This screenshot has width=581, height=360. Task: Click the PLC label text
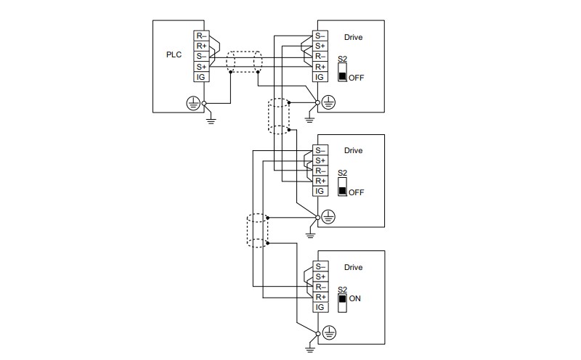point(174,55)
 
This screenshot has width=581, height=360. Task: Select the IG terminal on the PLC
point(201,77)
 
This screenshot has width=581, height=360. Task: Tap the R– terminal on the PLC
point(201,36)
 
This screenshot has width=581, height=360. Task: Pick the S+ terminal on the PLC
point(201,67)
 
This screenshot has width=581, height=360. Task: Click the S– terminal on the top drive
point(320,36)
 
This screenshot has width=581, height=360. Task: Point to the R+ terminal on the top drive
point(320,67)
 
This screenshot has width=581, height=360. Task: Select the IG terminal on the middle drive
point(320,191)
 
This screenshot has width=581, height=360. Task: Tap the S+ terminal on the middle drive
point(320,160)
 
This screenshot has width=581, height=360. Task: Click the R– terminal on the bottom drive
point(320,287)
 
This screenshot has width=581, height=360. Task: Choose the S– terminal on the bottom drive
point(320,266)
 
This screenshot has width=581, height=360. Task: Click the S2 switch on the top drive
point(342,73)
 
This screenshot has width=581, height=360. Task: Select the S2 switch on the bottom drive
point(342,303)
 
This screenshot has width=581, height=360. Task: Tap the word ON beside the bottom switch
point(354,298)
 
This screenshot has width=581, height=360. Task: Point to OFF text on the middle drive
point(356,192)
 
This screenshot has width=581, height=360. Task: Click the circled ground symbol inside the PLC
point(192,104)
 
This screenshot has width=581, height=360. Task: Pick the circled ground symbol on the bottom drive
point(329,333)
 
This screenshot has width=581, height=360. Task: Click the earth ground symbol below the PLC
point(211,120)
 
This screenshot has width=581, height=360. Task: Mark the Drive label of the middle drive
point(353,150)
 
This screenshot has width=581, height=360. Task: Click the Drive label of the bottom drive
point(353,267)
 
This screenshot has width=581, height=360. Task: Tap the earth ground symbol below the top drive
point(310,119)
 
